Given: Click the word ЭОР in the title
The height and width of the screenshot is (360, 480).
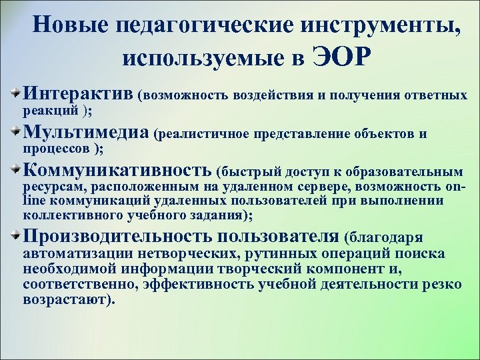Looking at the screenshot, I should [340, 58].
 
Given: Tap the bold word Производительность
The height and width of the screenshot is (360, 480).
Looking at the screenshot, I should [117, 236].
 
